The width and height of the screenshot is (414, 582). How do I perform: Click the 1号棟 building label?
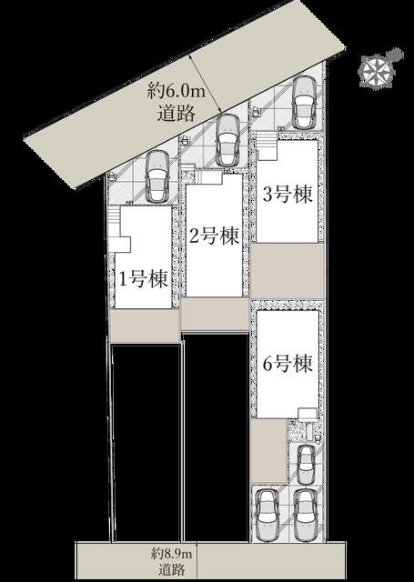(x=144, y=279)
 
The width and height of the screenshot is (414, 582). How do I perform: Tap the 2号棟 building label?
(x=214, y=236)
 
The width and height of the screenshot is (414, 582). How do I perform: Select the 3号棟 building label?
(x=288, y=194)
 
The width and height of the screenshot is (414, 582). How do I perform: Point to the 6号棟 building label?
(x=288, y=364)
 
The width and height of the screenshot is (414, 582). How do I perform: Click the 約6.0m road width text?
(x=176, y=91)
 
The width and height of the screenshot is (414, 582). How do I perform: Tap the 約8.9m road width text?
(x=172, y=555)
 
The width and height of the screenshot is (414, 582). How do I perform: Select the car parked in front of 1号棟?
(x=157, y=176)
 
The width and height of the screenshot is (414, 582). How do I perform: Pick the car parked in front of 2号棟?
(x=228, y=140)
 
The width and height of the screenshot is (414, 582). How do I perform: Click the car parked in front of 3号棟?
(x=305, y=102)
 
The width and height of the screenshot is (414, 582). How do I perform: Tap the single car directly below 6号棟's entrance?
(x=307, y=465)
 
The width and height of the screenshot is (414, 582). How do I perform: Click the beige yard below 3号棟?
(x=288, y=271)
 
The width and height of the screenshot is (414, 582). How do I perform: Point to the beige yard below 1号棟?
(x=145, y=326)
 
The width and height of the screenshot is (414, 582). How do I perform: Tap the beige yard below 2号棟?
(x=215, y=314)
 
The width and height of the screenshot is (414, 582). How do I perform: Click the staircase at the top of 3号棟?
(x=268, y=146)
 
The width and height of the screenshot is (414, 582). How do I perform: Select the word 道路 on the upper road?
(x=176, y=113)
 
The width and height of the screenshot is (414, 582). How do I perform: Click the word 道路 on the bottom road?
(x=172, y=568)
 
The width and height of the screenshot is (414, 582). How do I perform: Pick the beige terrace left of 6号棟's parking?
(x=269, y=451)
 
